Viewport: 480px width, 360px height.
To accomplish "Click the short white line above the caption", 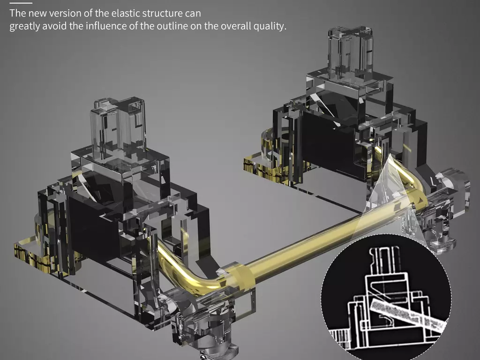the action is coord(21,3).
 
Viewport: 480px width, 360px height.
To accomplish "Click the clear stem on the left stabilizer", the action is coord(118,128).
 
